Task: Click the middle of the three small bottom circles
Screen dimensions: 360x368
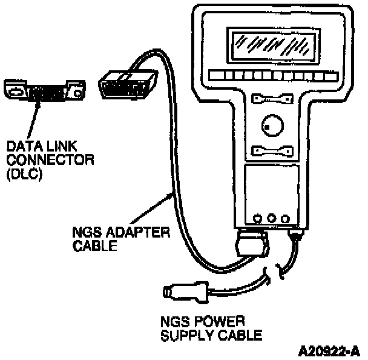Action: (271, 216)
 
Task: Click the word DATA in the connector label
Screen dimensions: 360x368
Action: (19, 148)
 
